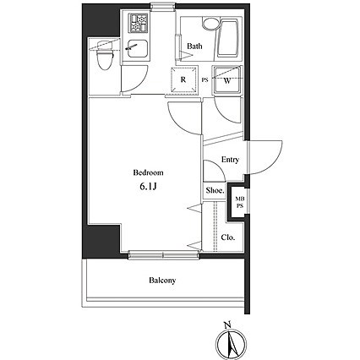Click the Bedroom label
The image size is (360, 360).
[148, 172]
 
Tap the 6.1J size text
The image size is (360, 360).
[148, 186]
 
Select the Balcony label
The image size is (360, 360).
[162, 281]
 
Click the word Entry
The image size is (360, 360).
[230, 160]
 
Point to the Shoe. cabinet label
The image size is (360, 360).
[215, 190]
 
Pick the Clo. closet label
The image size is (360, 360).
[228, 237]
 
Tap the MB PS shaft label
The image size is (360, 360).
[240, 203]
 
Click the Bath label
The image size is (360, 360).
[194, 46]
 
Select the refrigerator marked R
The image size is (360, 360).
[183, 79]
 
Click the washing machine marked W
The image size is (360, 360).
[227, 81]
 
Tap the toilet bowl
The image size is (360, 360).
[105, 58]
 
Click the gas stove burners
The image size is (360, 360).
[139, 23]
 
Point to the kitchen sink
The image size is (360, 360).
[136, 49]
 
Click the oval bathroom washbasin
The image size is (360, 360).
[210, 24]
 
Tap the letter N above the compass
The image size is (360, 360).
[227, 325]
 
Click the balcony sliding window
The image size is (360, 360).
[164, 255]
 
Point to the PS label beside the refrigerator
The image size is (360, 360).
[205, 80]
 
